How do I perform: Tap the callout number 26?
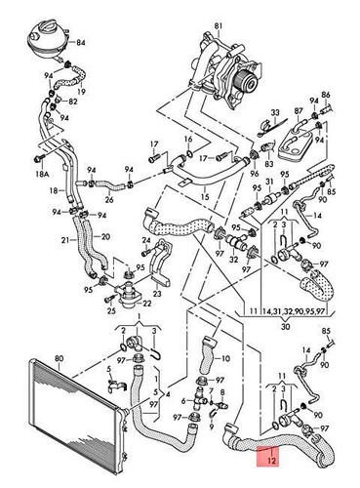click(x=109, y=200)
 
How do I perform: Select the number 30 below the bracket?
click(x=285, y=327)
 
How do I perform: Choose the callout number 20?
click(x=105, y=236)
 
